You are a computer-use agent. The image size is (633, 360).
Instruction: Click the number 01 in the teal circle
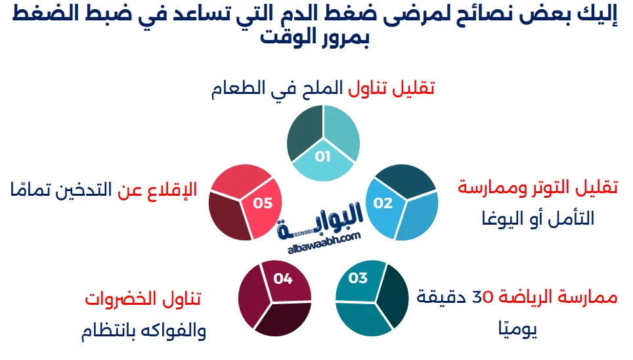pyautogui.click(x=322, y=156)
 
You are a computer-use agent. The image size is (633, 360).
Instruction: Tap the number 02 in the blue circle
pyautogui.click(x=383, y=203)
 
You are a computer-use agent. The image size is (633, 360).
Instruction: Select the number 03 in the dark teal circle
pyautogui.click(x=358, y=279)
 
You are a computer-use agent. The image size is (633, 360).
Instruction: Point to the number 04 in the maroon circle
pyautogui.click(x=283, y=279)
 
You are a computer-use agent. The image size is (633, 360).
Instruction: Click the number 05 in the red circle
pyautogui.click(x=263, y=203)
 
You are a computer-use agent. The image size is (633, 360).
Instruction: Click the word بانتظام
pyautogui.click(x=108, y=330)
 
